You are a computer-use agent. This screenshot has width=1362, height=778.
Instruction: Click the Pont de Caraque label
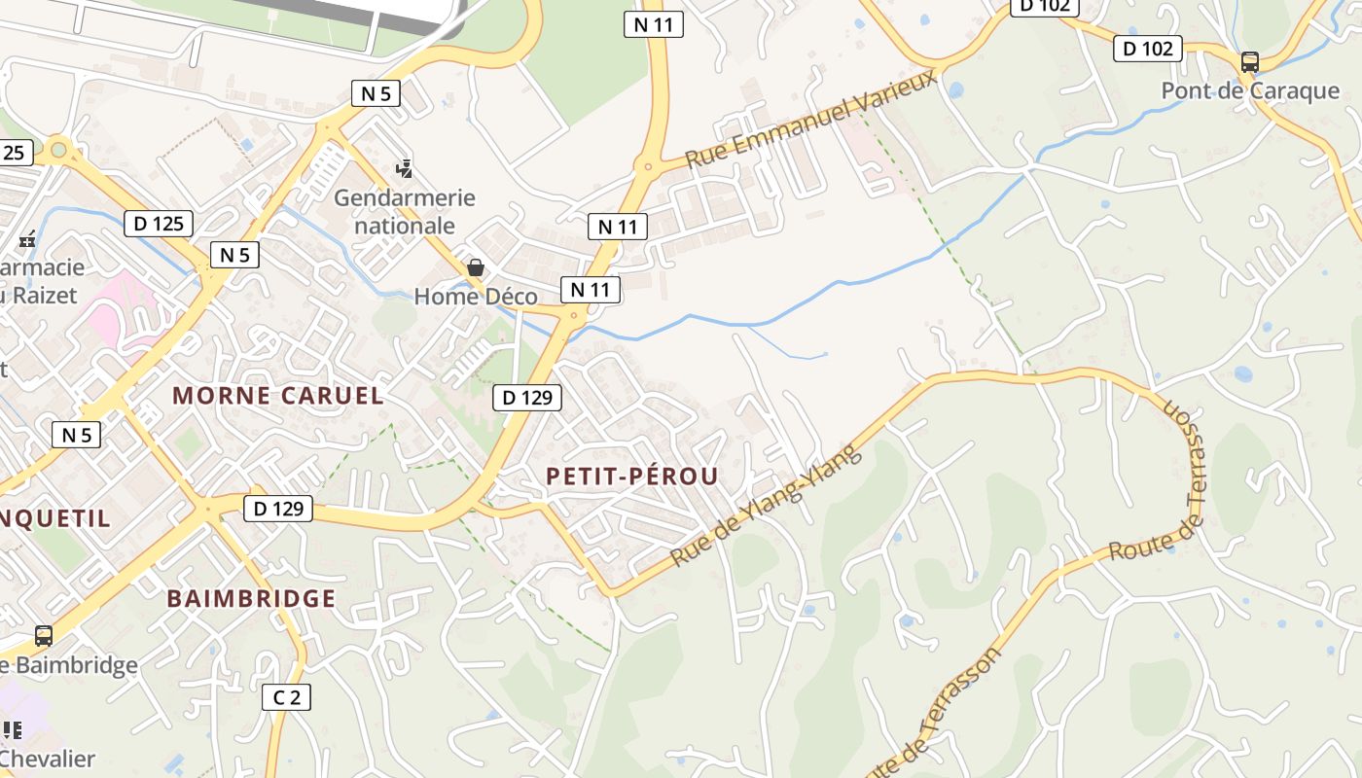coord(1250,90)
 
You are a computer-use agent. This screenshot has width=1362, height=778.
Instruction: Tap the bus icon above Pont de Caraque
coord(1250,62)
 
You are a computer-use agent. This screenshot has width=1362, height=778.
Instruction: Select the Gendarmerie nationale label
coord(405,211)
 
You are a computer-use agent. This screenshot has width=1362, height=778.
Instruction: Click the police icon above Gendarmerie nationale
coord(405,169)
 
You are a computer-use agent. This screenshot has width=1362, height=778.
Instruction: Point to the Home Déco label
coord(476,297)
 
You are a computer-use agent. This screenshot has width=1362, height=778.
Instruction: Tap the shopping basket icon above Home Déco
coord(476,267)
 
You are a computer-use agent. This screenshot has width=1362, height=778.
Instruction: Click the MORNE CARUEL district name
coord(278,396)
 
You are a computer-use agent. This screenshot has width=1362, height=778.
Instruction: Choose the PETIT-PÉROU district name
coord(632,476)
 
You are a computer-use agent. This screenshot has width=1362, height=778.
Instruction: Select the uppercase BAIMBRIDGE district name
coord(251,598)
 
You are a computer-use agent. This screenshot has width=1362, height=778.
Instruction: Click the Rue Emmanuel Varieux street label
coord(811,119)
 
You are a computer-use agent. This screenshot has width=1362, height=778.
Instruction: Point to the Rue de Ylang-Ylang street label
coord(767,507)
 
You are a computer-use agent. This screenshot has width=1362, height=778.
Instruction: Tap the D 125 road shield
coord(159,224)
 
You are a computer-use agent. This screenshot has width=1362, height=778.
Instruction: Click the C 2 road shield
coord(286,696)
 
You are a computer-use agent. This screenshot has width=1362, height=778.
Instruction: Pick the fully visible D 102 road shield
coord(1148,49)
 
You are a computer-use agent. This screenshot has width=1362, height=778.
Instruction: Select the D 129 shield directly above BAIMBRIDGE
coord(278,508)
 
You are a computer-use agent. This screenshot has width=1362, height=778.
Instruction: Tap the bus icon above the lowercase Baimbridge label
coord(44,636)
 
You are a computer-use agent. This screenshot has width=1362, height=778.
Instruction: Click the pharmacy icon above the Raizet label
coord(27,239)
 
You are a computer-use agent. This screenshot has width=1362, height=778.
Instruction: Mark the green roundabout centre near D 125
coord(59,150)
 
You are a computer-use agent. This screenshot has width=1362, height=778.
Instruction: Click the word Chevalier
coord(49,759)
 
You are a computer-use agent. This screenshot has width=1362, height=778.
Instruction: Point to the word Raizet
coord(43,294)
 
